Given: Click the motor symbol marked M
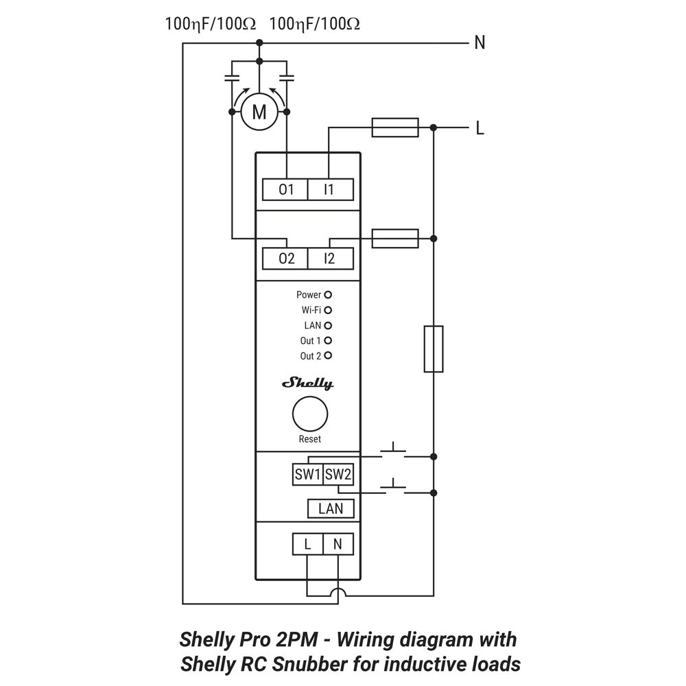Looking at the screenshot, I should click(x=259, y=112).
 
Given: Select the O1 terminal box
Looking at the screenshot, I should click(x=285, y=189).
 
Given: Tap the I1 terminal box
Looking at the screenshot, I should click(x=329, y=189).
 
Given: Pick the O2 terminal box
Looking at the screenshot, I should click(x=285, y=259).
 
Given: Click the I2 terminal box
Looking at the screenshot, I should click(x=329, y=259).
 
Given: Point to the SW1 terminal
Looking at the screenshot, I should click(x=307, y=474).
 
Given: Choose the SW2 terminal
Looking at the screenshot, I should click(x=338, y=474).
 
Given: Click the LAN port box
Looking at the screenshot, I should click(x=331, y=508).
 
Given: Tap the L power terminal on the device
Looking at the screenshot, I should click(x=307, y=545).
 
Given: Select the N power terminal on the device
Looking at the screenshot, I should click(x=338, y=545).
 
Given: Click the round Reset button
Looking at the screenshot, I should click(x=309, y=414).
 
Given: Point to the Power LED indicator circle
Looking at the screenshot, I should click(x=328, y=294).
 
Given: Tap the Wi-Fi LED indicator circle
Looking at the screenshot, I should click(x=328, y=310).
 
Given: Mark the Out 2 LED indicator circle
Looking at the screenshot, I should click(x=328, y=355).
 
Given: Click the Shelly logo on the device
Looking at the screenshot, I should click(x=309, y=383).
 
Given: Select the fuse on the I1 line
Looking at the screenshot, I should click(x=394, y=127).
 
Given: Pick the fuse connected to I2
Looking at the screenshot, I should click(x=394, y=238).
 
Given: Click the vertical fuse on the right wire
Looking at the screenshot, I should click(x=434, y=349).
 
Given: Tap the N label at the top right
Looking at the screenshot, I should click(x=480, y=43).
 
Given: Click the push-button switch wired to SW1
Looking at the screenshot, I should click(x=392, y=451).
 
